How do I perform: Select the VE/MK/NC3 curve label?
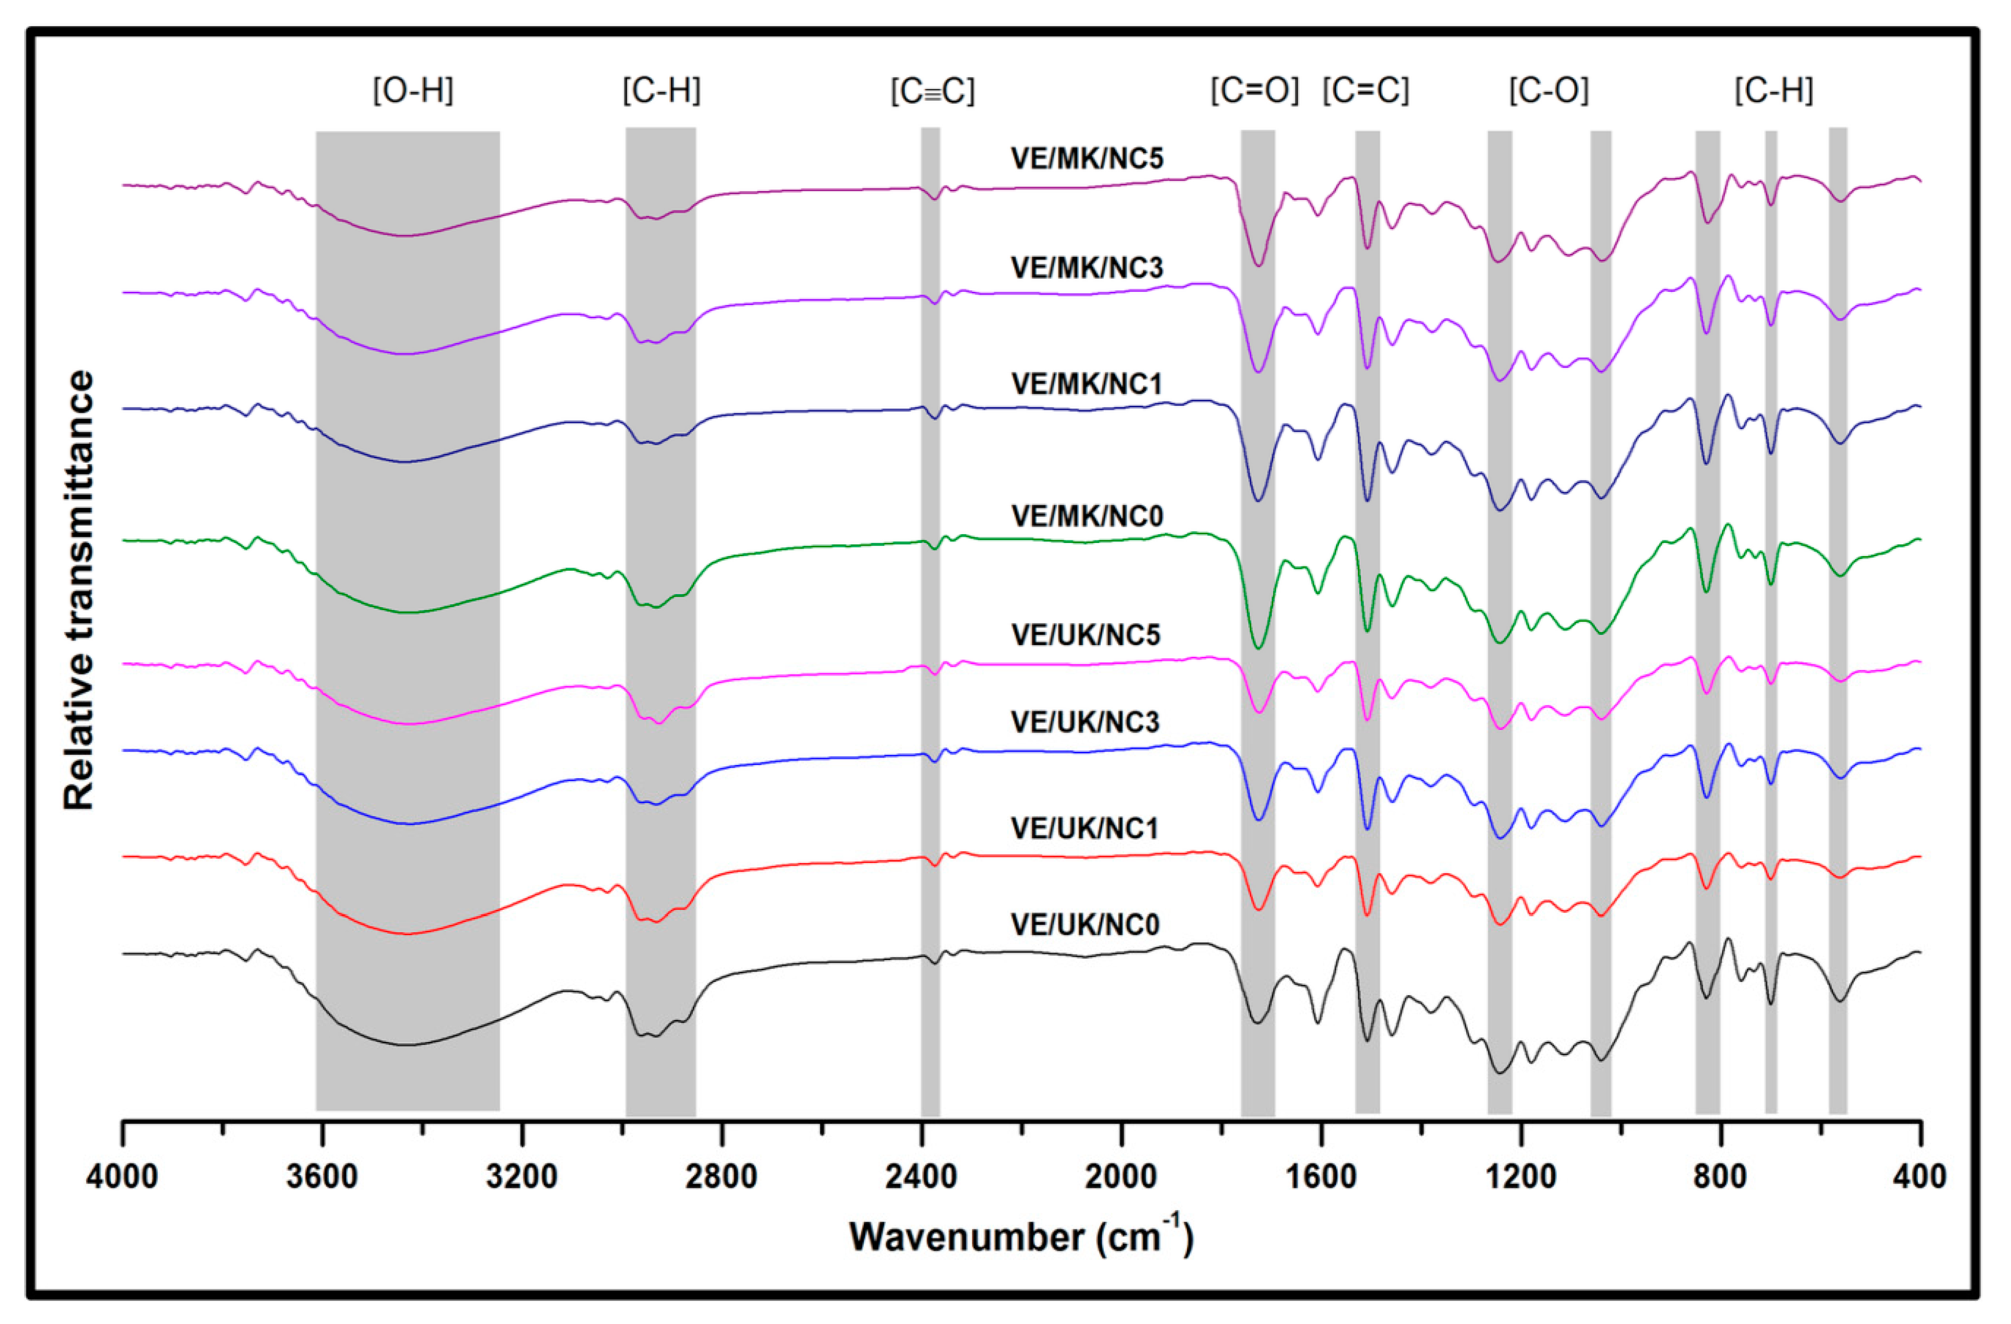pos(1087,268)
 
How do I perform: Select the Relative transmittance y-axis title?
pos(79,590)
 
